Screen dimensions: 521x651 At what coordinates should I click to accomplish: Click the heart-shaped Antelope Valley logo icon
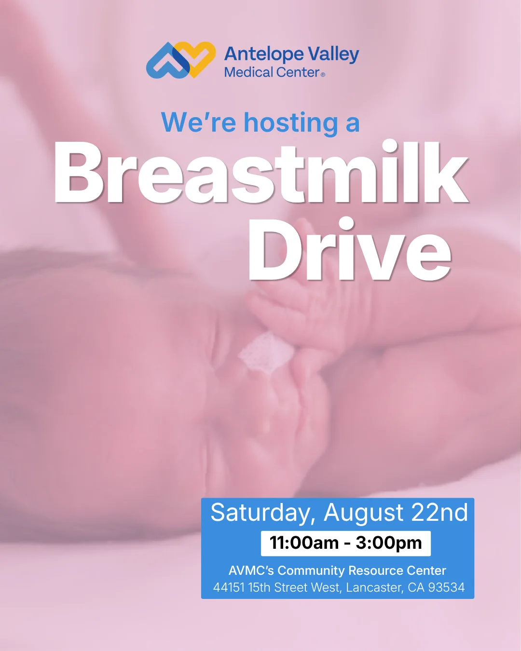pos(181,60)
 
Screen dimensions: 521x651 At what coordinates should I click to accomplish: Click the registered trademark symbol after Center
pos(323,75)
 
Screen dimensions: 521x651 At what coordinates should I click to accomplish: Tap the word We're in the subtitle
pos(199,122)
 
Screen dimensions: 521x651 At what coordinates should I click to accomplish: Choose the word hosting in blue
pos(291,123)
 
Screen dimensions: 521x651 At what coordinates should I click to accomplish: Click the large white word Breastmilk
pos(261,172)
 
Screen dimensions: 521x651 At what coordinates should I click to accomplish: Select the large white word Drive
pos(349,249)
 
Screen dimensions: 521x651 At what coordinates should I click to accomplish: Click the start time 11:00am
pos(304,542)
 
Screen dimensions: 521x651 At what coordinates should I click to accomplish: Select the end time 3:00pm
pos(389,543)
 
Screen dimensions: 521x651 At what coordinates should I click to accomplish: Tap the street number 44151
pos(229,587)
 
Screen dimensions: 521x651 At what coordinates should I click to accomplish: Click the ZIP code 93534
pos(446,587)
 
